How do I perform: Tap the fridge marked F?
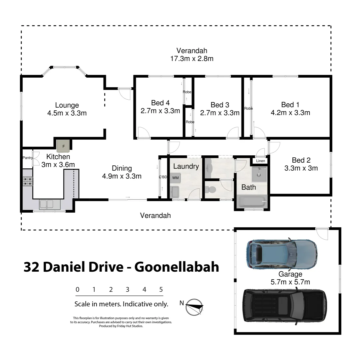[x=63, y=145]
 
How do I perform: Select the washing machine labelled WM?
[x=175, y=178]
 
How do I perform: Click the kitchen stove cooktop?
[x=28, y=181]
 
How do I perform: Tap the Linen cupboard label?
[x=261, y=161]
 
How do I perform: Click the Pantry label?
[x=27, y=158]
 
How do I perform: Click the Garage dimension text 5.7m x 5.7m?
[x=290, y=282]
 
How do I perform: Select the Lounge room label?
[x=67, y=105]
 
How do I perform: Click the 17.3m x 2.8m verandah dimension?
[x=191, y=59]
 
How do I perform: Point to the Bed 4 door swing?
[x=143, y=133]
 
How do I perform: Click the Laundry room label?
[x=186, y=166]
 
